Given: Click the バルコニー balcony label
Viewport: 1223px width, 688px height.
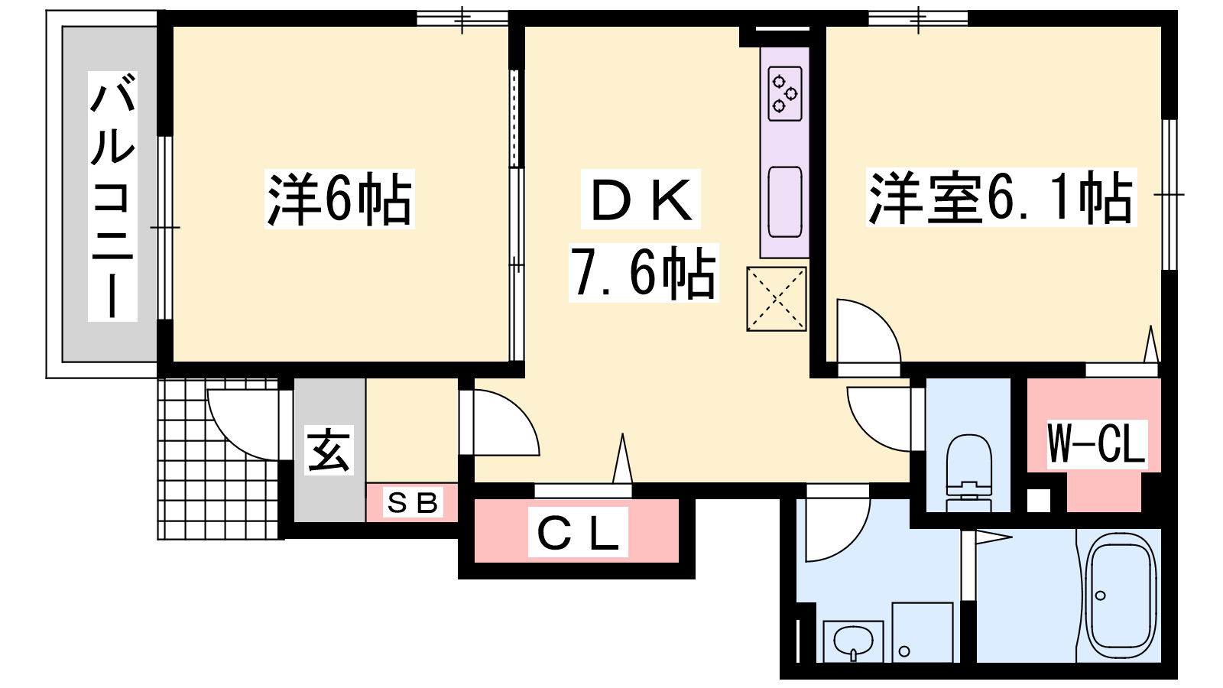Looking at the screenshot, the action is point(112,196).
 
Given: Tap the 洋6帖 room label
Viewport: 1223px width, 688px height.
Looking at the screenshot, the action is point(339,199).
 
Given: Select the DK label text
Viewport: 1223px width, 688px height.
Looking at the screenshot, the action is point(641,199).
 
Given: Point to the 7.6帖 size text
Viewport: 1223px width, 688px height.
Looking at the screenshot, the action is point(643,272).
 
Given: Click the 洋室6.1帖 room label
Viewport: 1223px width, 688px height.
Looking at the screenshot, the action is point(1001,197).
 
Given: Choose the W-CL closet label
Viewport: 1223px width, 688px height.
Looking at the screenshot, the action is point(1096,444).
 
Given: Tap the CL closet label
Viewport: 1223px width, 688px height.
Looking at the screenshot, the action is point(578,532).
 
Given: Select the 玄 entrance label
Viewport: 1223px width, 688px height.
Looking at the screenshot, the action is point(329,449).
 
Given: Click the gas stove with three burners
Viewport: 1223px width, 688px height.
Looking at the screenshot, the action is point(785,93).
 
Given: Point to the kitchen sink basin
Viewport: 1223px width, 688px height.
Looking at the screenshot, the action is point(785,202).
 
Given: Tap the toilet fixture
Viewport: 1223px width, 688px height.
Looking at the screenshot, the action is point(968,472).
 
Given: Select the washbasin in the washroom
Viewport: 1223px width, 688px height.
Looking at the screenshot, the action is point(853,641).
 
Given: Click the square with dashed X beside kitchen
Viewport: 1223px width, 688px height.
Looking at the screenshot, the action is point(777,299).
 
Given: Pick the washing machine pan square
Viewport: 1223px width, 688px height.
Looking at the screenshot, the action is point(922,632).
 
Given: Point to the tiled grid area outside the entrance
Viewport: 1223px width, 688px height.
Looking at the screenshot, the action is point(219,459).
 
